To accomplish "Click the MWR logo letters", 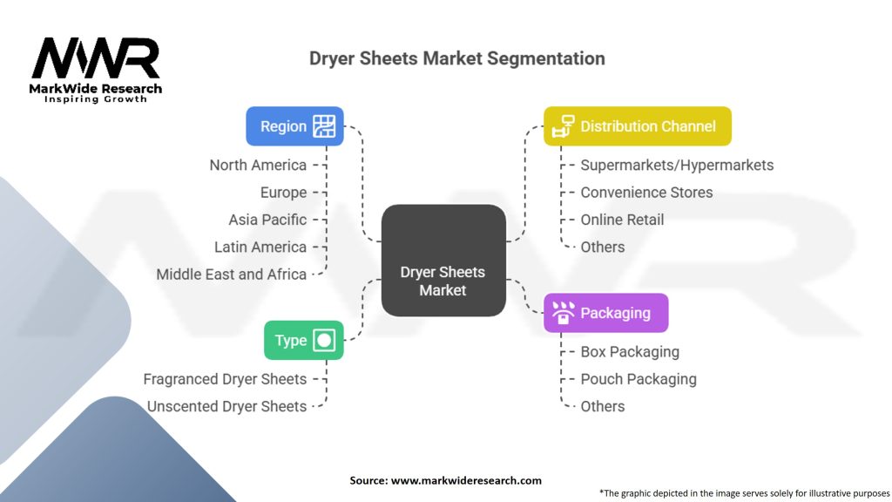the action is (x=96, y=58).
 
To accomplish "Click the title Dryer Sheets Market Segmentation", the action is (x=456, y=58).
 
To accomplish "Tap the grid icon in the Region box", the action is (x=324, y=125).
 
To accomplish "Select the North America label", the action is (x=258, y=165).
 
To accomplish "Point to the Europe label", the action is (x=283, y=193).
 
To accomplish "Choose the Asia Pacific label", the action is (x=267, y=220).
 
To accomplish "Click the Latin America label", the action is (x=260, y=247).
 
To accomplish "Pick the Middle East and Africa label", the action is (x=231, y=275).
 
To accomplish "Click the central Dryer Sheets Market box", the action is (x=443, y=260).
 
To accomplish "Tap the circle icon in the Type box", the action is (x=324, y=341).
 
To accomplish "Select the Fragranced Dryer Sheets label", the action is (x=225, y=379).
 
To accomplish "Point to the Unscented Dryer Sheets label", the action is (x=226, y=406).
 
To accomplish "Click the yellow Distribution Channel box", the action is (x=637, y=125).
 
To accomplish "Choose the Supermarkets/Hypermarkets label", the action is (x=677, y=165).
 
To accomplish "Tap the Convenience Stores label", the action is (x=646, y=193).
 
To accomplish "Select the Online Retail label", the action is (x=622, y=220).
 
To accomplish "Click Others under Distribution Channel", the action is (x=603, y=247).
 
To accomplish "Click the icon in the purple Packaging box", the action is (x=564, y=313).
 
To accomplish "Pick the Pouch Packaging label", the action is (x=639, y=379).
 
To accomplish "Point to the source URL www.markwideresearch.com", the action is (x=466, y=480).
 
